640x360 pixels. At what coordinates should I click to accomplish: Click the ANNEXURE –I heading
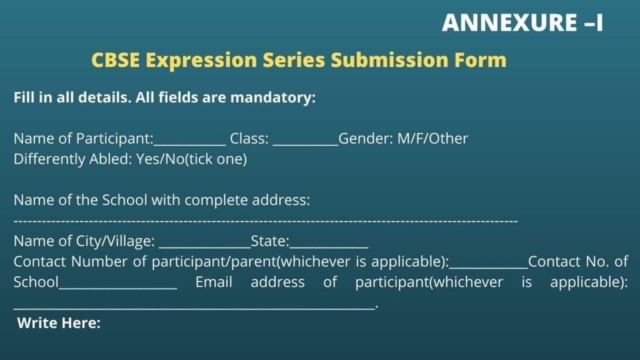522,22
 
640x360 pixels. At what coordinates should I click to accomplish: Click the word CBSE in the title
116,60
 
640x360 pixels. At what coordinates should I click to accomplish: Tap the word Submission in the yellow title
389,60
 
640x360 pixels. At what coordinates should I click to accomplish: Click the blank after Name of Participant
189,144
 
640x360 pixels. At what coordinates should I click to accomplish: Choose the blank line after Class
305,144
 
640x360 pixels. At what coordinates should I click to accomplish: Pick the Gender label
366,139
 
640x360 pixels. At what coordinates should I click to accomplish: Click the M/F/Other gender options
432,139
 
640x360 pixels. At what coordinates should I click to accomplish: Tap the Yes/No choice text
161,159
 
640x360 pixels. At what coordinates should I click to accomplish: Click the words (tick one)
216,159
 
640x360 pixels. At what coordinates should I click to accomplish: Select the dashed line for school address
266,221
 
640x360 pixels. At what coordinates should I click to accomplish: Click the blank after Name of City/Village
204,247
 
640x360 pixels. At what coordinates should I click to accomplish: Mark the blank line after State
329,247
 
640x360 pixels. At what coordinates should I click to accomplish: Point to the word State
270,241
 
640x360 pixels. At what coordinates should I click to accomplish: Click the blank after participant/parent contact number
489,267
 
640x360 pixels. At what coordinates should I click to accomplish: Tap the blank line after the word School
118,287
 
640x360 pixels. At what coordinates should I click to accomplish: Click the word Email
214,282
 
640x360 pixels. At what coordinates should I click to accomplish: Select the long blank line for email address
194,308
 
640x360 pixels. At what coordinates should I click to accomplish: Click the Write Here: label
59,323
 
